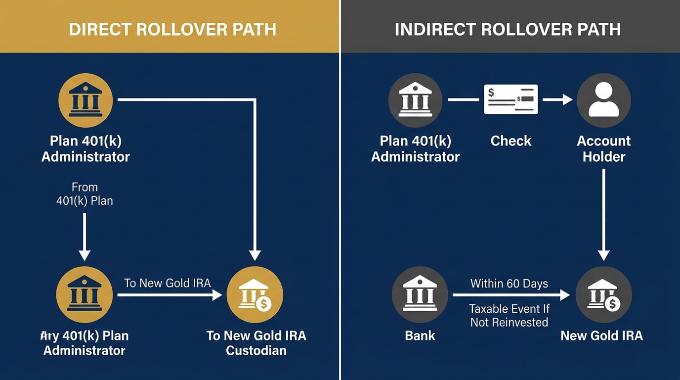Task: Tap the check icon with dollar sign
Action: (x=510, y=99)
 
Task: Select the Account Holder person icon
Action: (x=603, y=100)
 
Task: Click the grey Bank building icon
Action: (x=420, y=295)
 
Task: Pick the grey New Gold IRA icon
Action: (x=603, y=295)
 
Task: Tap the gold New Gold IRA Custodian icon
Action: (x=255, y=295)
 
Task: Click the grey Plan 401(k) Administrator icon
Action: (x=415, y=100)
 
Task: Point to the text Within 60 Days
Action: (x=509, y=284)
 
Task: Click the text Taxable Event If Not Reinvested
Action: (x=509, y=316)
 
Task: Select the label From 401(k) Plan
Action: (x=85, y=194)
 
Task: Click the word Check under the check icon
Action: (x=510, y=141)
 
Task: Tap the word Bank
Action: (x=420, y=335)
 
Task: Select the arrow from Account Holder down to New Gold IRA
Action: (x=603, y=213)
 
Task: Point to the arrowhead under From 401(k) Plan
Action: (x=85, y=254)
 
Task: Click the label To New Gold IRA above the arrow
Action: (x=168, y=283)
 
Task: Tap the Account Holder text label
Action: (x=603, y=148)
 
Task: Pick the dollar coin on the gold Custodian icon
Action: (x=263, y=303)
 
